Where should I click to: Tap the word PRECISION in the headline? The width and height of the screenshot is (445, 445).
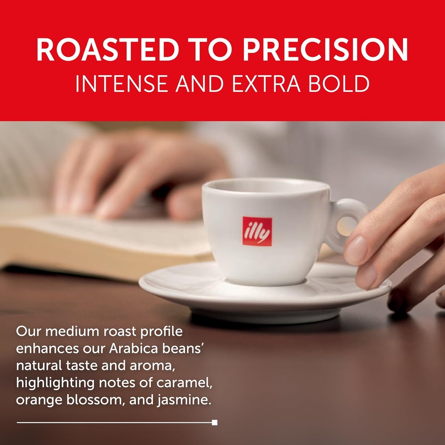[325, 50]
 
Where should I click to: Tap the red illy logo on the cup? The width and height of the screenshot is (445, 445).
[257, 231]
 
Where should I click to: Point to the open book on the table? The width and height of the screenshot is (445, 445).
[87, 243]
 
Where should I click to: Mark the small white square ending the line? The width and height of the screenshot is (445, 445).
[215, 422]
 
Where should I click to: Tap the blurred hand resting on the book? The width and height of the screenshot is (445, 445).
[139, 174]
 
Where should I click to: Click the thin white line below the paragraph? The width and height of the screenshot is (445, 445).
[113, 422]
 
